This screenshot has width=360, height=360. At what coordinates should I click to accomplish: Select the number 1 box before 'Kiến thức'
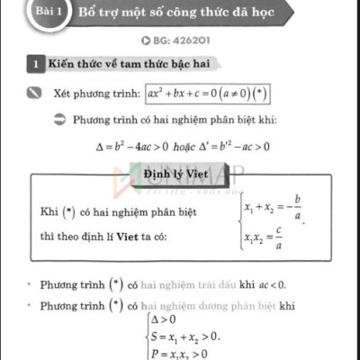point(34,65)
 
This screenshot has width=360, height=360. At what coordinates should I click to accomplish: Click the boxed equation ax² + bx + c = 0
point(210,93)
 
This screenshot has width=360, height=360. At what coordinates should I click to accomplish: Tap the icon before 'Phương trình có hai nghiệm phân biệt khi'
point(60,119)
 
